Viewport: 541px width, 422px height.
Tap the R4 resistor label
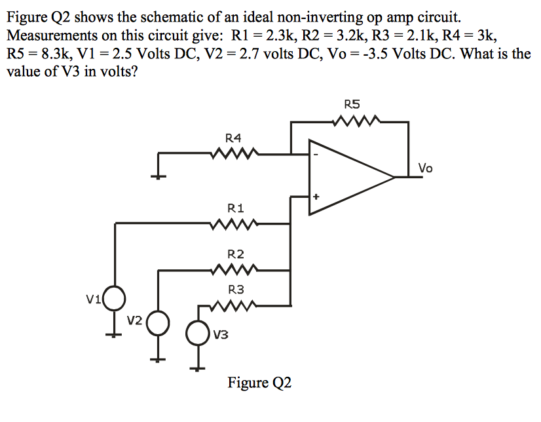pos(233,138)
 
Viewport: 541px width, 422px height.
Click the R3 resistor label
pos(236,288)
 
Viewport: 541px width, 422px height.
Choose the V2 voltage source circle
pos(158,322)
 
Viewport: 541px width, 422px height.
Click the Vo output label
pos(426,168)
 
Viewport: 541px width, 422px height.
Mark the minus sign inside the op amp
pos(316,155)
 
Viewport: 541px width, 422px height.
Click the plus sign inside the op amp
pos(316,196)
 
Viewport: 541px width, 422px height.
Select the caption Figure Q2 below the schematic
pos(259,383)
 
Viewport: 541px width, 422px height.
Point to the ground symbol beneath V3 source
pos(195,368)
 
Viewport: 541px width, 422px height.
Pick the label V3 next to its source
pos(221,336)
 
